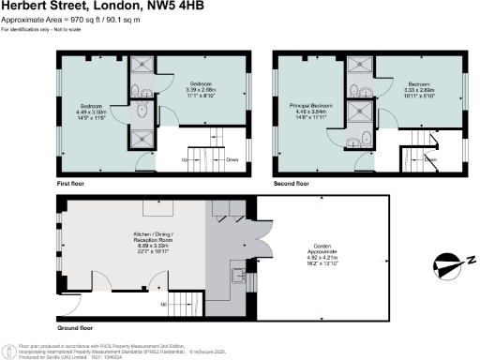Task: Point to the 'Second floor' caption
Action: pyautogui.click(x=292, y=184)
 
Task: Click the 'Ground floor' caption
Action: pyautogui.click(x=75, y=328)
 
